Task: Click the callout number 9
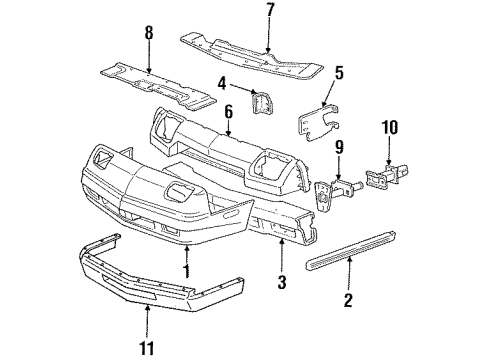click(x=338, y=147)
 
